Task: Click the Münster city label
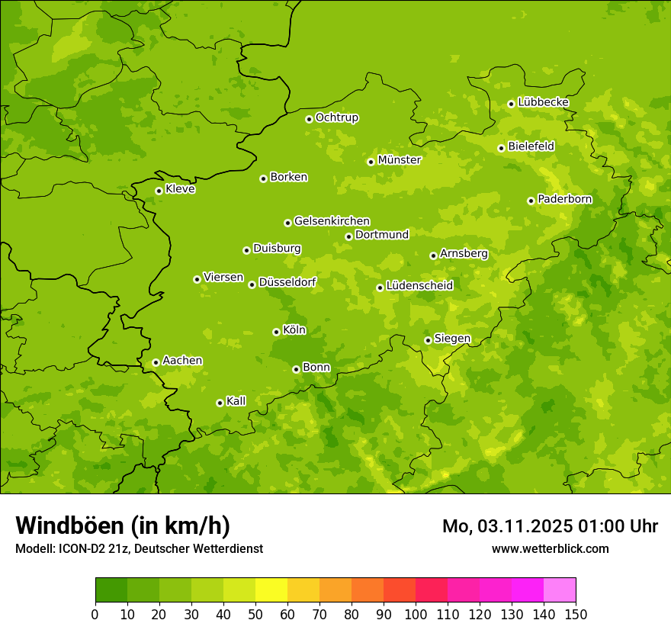coord(400,160)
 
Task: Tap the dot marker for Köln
coord(276,332)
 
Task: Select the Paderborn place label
coord(565,199)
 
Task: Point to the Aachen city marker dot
coord(156,362)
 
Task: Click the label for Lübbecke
coord(544,102)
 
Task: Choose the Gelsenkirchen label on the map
coord(332,221)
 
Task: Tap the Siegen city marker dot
coord(428,340)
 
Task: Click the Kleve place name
coord(181,189)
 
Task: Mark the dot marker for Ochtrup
coord(309,118)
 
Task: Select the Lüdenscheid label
coord(419,286)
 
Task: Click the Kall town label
coord(236,401)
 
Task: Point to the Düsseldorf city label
coord(287,282)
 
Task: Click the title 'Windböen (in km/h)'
coord(123,525)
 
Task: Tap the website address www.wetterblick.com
coord(550,548)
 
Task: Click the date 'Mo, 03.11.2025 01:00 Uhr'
coord(550,526)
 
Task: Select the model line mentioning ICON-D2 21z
coord(139,548)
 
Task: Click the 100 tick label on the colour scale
coord(416,614)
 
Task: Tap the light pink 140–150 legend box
coord(560,590)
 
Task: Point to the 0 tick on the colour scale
coord(95,614)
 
